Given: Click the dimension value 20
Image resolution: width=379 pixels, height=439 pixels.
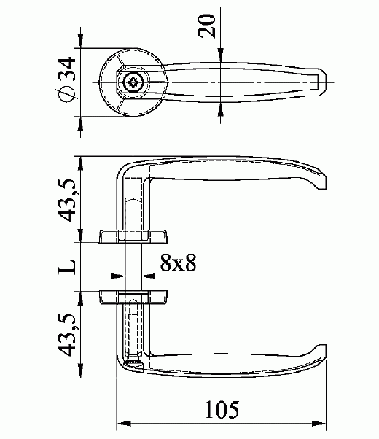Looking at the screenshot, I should pos(208,27).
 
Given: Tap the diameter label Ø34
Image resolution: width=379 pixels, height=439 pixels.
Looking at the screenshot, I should pos(66,79).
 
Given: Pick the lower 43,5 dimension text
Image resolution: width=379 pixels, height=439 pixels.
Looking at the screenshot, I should pos(66,335).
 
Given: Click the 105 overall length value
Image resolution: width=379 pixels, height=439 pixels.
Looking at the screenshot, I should pos(222,410).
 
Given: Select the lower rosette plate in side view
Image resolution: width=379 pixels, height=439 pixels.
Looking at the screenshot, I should pos(133,296).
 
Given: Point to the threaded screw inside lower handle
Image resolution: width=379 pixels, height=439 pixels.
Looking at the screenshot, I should pos(133,332).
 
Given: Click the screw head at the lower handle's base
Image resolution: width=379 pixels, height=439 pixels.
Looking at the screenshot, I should pos(133,360).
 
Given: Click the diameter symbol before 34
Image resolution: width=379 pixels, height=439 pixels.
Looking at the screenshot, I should pos(66,96).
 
